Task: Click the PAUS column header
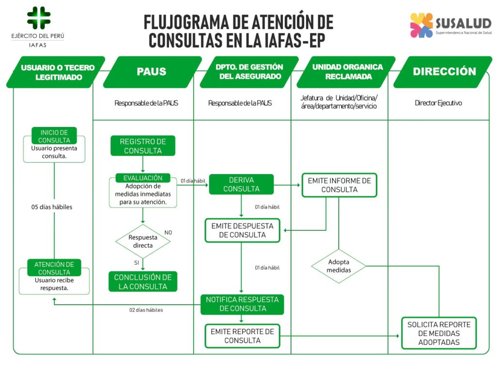point(152,72)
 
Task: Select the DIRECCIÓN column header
point(444,72)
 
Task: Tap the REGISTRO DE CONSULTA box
point(143,146)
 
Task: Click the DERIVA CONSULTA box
point(241,184)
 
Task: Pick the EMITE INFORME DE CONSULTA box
point(339,185)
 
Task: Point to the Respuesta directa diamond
point(143,241)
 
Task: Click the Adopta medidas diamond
point(339,266)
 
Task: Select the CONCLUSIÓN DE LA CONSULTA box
point(143,282)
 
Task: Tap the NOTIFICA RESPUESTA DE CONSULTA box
point(242,304)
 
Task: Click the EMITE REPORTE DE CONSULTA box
point(242,336)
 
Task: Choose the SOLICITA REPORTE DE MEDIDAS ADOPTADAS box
point(439,333)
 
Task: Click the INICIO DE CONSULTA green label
point(54,136)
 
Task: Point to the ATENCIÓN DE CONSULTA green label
point(54,268)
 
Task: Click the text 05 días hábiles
point(52,207)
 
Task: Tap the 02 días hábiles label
point(146,310)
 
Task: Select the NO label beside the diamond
point(168,232)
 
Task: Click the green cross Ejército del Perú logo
point(38,18)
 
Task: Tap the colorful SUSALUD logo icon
point(421,25)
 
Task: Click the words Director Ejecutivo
point(438,103)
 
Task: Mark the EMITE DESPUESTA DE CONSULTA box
point(242,230)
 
